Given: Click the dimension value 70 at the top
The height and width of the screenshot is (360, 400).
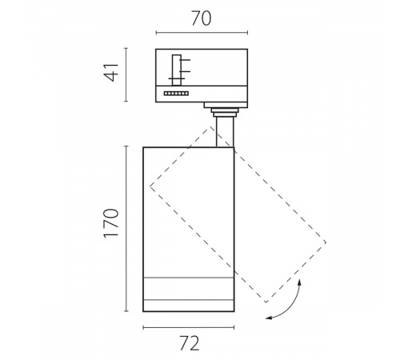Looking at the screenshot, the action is [x=202, y=18].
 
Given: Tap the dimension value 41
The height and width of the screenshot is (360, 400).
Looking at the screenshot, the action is [x=111, y=72].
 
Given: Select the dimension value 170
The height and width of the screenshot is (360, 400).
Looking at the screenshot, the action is [x=111, y=223].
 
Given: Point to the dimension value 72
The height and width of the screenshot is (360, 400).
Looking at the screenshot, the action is [x=190, y=343].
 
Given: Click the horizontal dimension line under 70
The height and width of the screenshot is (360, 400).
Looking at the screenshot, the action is [x=202, y=33].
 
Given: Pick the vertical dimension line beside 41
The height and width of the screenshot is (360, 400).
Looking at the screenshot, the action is [x=126, y=74].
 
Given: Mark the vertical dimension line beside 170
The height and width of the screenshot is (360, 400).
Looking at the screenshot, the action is [x=126, y=229].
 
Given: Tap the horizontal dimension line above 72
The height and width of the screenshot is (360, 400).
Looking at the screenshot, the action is [x=189, y=327].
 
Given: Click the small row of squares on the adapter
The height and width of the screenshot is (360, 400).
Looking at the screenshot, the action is [x=176, y=94].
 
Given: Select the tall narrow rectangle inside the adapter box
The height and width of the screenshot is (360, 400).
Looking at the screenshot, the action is [x=177, y=70].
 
